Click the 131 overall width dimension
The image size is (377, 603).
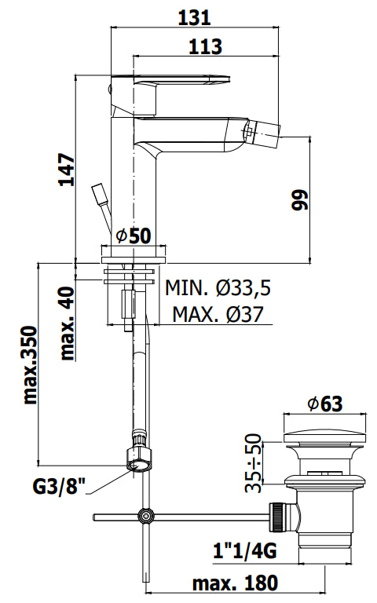194,18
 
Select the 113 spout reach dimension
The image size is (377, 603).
205,46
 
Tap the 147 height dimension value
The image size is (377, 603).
67,170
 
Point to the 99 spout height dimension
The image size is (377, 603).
300,199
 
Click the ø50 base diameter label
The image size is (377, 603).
134,236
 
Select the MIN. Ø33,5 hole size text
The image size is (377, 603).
218,287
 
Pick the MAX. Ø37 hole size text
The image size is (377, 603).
218,314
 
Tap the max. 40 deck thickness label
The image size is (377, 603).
68,323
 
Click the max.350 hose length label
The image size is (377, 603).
31,365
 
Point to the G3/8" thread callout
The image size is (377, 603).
58,487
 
